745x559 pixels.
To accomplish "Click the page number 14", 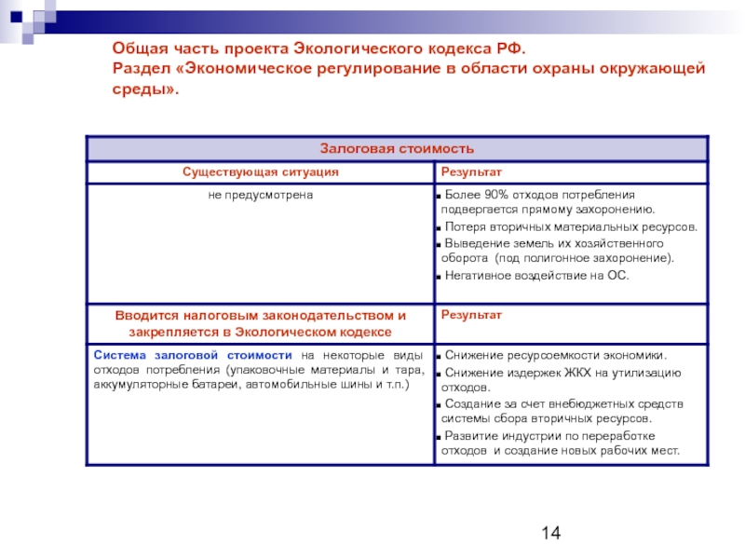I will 549,532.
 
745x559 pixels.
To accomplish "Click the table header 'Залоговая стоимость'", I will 398,148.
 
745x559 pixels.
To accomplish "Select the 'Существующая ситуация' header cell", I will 260,172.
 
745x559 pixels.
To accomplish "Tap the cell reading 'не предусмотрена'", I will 260,196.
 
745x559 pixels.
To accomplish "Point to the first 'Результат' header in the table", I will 471,172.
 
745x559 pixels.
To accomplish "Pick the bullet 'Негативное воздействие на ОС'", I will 536,276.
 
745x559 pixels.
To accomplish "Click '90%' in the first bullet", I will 499,196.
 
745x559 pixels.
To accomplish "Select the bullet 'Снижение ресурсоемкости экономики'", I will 555,355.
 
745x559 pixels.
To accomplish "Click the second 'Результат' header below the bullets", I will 471,315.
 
